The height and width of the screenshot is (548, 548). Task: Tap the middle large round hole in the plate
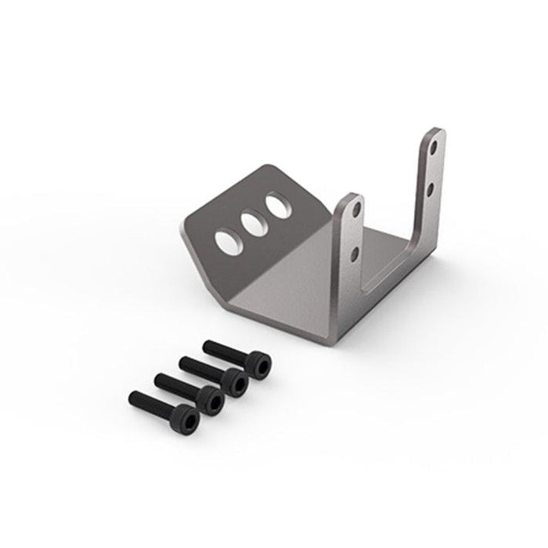(251, 222)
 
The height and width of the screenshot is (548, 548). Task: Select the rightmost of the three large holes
(276, 207)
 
